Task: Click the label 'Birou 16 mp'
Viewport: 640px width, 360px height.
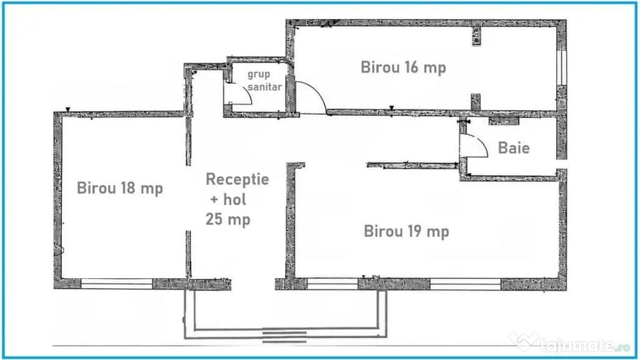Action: point(403,68)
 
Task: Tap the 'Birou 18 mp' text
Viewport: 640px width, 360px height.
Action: point(120,188)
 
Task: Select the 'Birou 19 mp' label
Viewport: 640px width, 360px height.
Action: point(407,231)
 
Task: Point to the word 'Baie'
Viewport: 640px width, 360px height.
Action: point(514,148)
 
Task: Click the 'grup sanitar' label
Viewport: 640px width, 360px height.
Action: point(265,80)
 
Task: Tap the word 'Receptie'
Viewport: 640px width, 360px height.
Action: point(237,179)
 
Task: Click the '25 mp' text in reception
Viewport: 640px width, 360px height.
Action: point(228,219)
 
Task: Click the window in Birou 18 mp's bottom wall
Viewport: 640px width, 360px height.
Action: point(117,284)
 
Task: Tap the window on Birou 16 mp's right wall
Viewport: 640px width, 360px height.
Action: point(562,68)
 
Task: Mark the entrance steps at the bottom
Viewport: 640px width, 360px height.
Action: point(284,337)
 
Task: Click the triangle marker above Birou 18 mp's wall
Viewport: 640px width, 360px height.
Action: point(68,110)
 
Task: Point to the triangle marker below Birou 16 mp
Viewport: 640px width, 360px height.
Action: point(391,108)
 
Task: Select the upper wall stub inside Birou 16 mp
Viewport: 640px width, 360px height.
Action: point(476,36)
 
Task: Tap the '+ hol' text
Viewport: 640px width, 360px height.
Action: point(228,200)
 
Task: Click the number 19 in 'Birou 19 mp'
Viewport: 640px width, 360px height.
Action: point(415,231)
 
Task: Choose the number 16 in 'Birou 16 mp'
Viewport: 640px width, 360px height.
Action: point(412,67)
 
